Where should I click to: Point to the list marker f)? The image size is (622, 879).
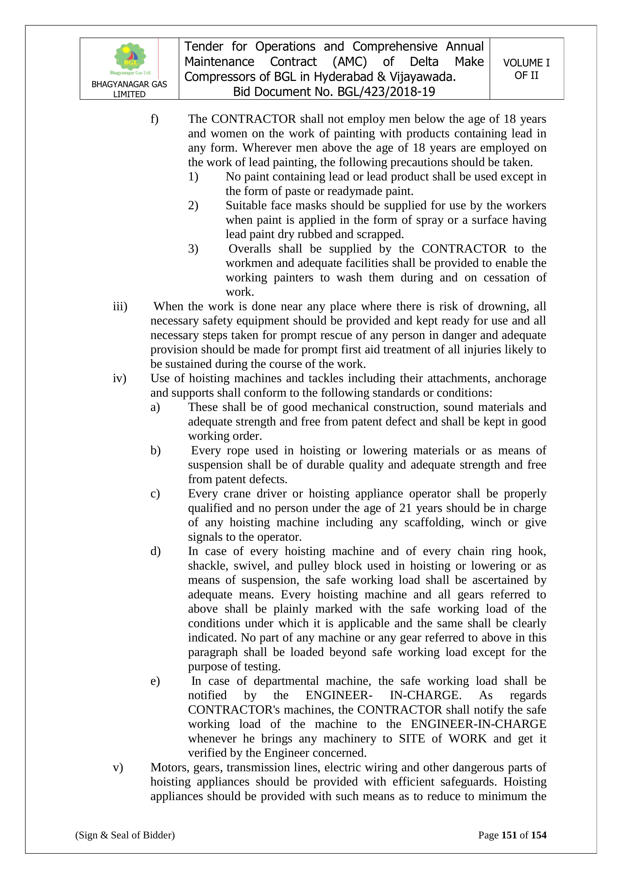click(154, 119)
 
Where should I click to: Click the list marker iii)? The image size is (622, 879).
click(120, 307)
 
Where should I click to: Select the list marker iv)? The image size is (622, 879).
click(120, 379)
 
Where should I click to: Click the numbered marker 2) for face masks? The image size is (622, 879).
click(193, 205)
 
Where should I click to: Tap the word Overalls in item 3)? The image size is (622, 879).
click(250, 249)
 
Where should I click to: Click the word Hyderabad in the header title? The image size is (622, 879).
click(343, 77)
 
